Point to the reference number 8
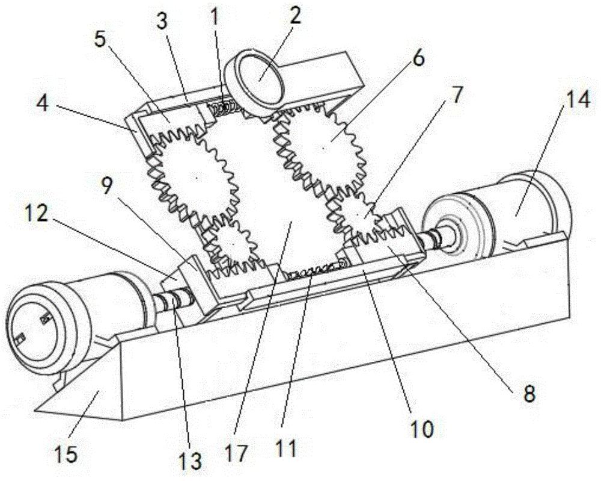pos(529,394)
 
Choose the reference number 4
pos(42,104)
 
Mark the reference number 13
pos(191,461)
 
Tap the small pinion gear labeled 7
pos(358,217)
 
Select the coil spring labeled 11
pos(314,271)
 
